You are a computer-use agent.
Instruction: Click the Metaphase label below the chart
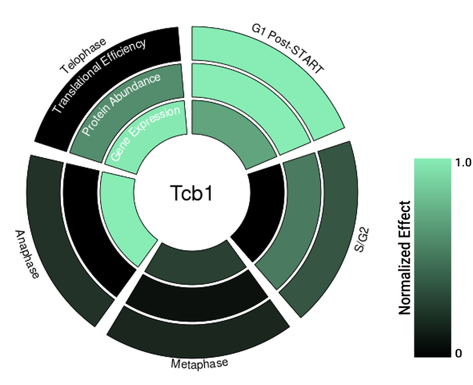pyautogui.click(x=199, y=363)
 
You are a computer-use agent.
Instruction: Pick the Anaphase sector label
pyautogui.click(x=27, y=255)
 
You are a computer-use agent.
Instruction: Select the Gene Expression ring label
pyautogui.click(x=145, y=133)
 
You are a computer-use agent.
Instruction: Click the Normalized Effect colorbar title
pyautogui.click(x=405, y=258)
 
